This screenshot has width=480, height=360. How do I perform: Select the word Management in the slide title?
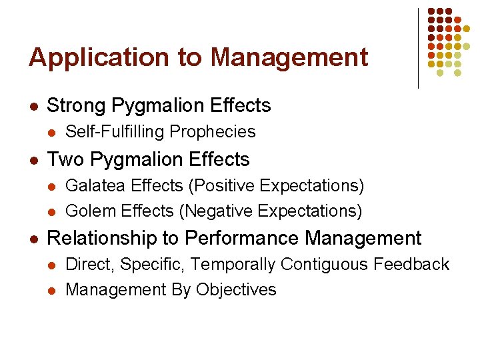coord(289,57)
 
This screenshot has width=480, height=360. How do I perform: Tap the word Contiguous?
coord(324,265)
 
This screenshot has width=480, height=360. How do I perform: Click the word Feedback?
coord(411,265)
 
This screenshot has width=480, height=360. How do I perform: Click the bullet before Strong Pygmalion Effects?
coord(33,106)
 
